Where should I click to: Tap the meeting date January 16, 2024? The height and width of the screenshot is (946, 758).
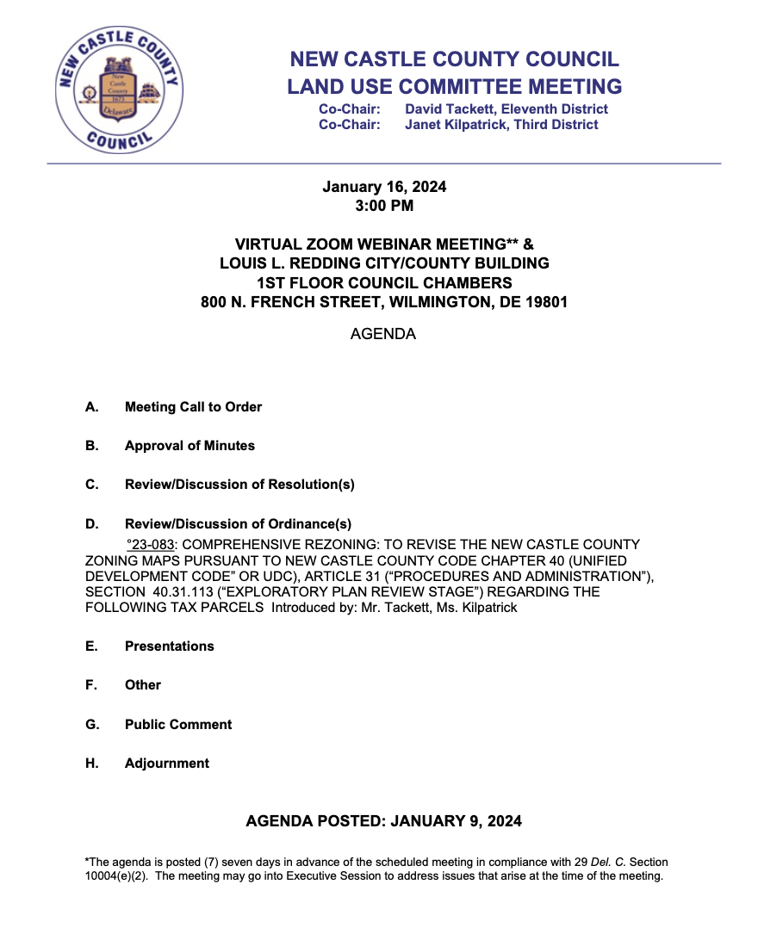tap(384, 187)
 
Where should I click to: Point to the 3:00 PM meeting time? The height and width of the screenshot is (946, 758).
tap(384, 206)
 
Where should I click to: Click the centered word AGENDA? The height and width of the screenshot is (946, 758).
tap(383, 334)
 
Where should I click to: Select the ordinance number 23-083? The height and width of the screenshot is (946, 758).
tap(152, 545)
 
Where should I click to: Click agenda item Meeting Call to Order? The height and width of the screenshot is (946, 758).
tap(193, 407)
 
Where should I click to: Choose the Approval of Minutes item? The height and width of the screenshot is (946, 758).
tap(189, 446)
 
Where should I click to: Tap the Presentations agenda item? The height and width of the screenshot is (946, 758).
tap(169, 646)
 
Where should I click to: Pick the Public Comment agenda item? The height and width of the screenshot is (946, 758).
tap(178, 725)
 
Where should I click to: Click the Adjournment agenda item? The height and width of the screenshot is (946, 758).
tap(167, 764)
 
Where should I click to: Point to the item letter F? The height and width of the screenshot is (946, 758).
tap(90, 685)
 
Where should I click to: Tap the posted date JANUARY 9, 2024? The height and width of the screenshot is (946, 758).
tap(457, 821)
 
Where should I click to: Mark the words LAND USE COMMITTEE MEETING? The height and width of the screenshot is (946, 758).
tap(454, 86)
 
